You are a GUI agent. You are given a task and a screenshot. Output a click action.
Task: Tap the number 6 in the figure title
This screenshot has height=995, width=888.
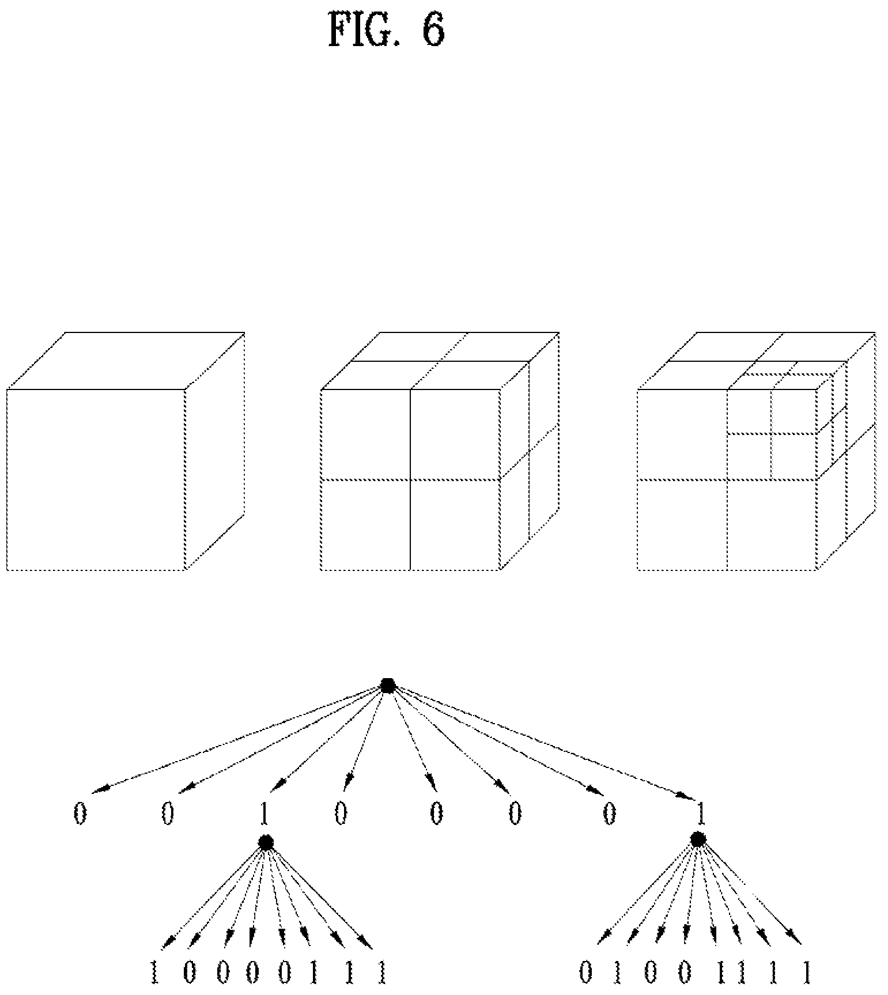pos(434,30)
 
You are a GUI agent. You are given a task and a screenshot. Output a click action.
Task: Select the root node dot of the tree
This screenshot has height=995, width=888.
pos(388,686)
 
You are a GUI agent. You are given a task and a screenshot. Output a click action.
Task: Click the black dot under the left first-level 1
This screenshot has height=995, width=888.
pos(266,843)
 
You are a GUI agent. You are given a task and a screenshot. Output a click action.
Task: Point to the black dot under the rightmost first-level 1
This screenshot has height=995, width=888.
pos(698,839)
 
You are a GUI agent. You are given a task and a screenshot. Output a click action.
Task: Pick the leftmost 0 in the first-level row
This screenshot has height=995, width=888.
pos(80,815)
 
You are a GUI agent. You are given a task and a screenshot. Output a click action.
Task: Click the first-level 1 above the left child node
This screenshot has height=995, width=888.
pos(264,815)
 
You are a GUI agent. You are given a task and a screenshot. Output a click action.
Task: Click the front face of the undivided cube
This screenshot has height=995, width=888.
pos(96,480)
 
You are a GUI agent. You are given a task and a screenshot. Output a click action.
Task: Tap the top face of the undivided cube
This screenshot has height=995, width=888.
pos(126,361)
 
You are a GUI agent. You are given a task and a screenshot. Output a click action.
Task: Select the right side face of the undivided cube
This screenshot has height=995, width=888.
pos(215,451)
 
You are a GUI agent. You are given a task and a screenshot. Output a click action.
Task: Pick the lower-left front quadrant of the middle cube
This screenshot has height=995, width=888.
pos(365,525)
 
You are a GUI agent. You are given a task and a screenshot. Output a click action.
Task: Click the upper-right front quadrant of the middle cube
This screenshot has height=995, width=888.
pos(455,434)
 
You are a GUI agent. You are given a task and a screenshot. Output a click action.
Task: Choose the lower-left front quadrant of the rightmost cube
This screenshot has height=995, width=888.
pos(682,525)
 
